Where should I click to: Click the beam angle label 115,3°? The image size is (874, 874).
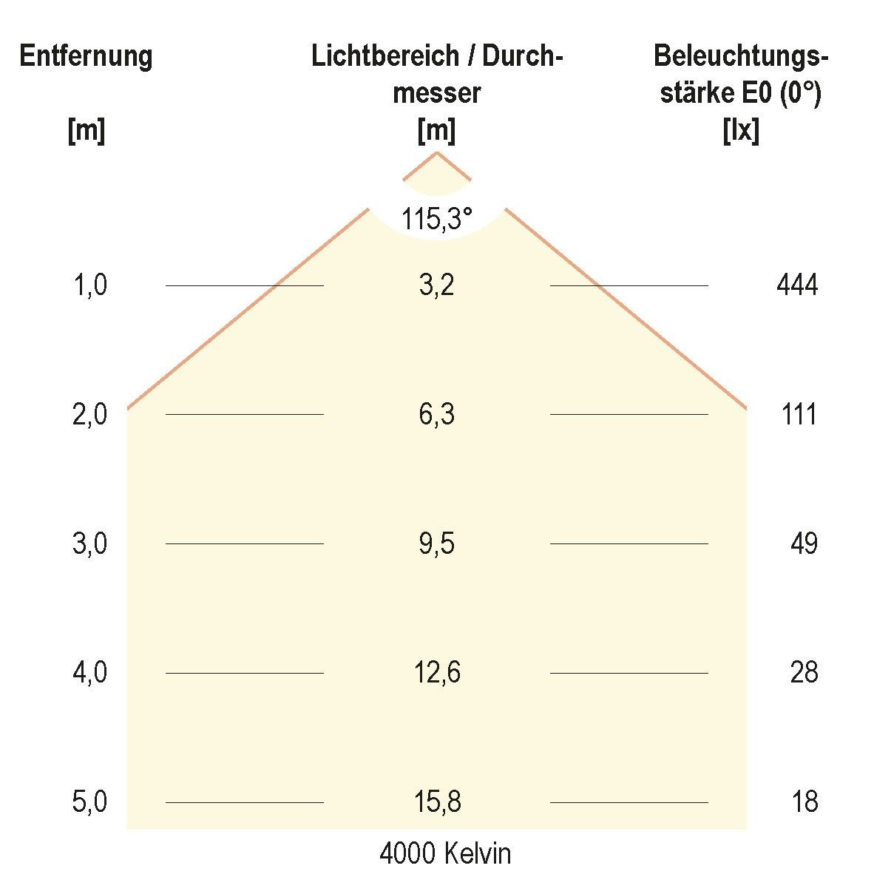pyautogui.click(x=436, y=219)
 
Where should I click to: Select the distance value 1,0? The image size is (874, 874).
pyautogui.click(x=90, y=285)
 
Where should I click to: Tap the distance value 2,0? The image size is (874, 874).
pyautogui.click(x=90, y=414)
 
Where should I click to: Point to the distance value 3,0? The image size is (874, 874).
pyautogui.click(x=90, y=543)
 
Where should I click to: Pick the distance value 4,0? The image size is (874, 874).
pyautogui.click(x=90, y=672)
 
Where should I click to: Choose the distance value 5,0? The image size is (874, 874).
pyautogui.click(x=90, y=802)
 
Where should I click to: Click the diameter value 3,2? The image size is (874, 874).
pyautogui.click(x=436, y=285)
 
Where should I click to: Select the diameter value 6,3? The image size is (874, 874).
pyautogui.click(x=436, y=414)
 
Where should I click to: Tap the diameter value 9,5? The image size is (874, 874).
pyautogui.click(x=436, y=543)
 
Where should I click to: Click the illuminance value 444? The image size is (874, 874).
pyautogui.click(x=797, y=285)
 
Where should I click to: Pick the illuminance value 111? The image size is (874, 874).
pyautogui.click(x=799, y=414)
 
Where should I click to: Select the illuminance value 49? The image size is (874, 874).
pyautogui.click(x=804, y=543)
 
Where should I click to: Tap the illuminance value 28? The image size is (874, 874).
pyautogui.click(x=804, y=672)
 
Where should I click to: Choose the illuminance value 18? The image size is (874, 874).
pyautogui.click(x=804, y=802)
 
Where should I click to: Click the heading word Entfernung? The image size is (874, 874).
pyautogui.click(x=86, y=56)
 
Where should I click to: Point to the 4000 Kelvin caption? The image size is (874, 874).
pyautogui.click(x=445, y=854)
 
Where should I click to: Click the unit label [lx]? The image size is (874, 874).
pyautogui.click(x=741, y=132)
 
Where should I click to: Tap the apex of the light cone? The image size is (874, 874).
pyautogui.click(x=436, y=152)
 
